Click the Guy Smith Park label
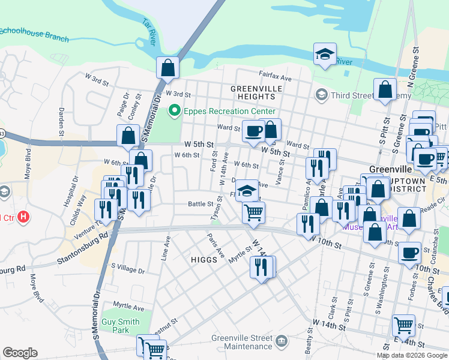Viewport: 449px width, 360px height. pyautogui.click(x=121, y=326)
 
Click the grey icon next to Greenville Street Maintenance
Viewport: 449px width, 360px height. pyautogui.click(x=281, y=341)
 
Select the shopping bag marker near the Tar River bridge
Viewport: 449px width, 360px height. pyautogui.click(x=168, y=67)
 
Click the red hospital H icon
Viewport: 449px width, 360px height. pyautogui.click(x=23, y=217)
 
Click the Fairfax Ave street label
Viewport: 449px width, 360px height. pyautogui.click(x=275, y=78)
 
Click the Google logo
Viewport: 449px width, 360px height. pyautogui.click(x=20, y=353)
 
